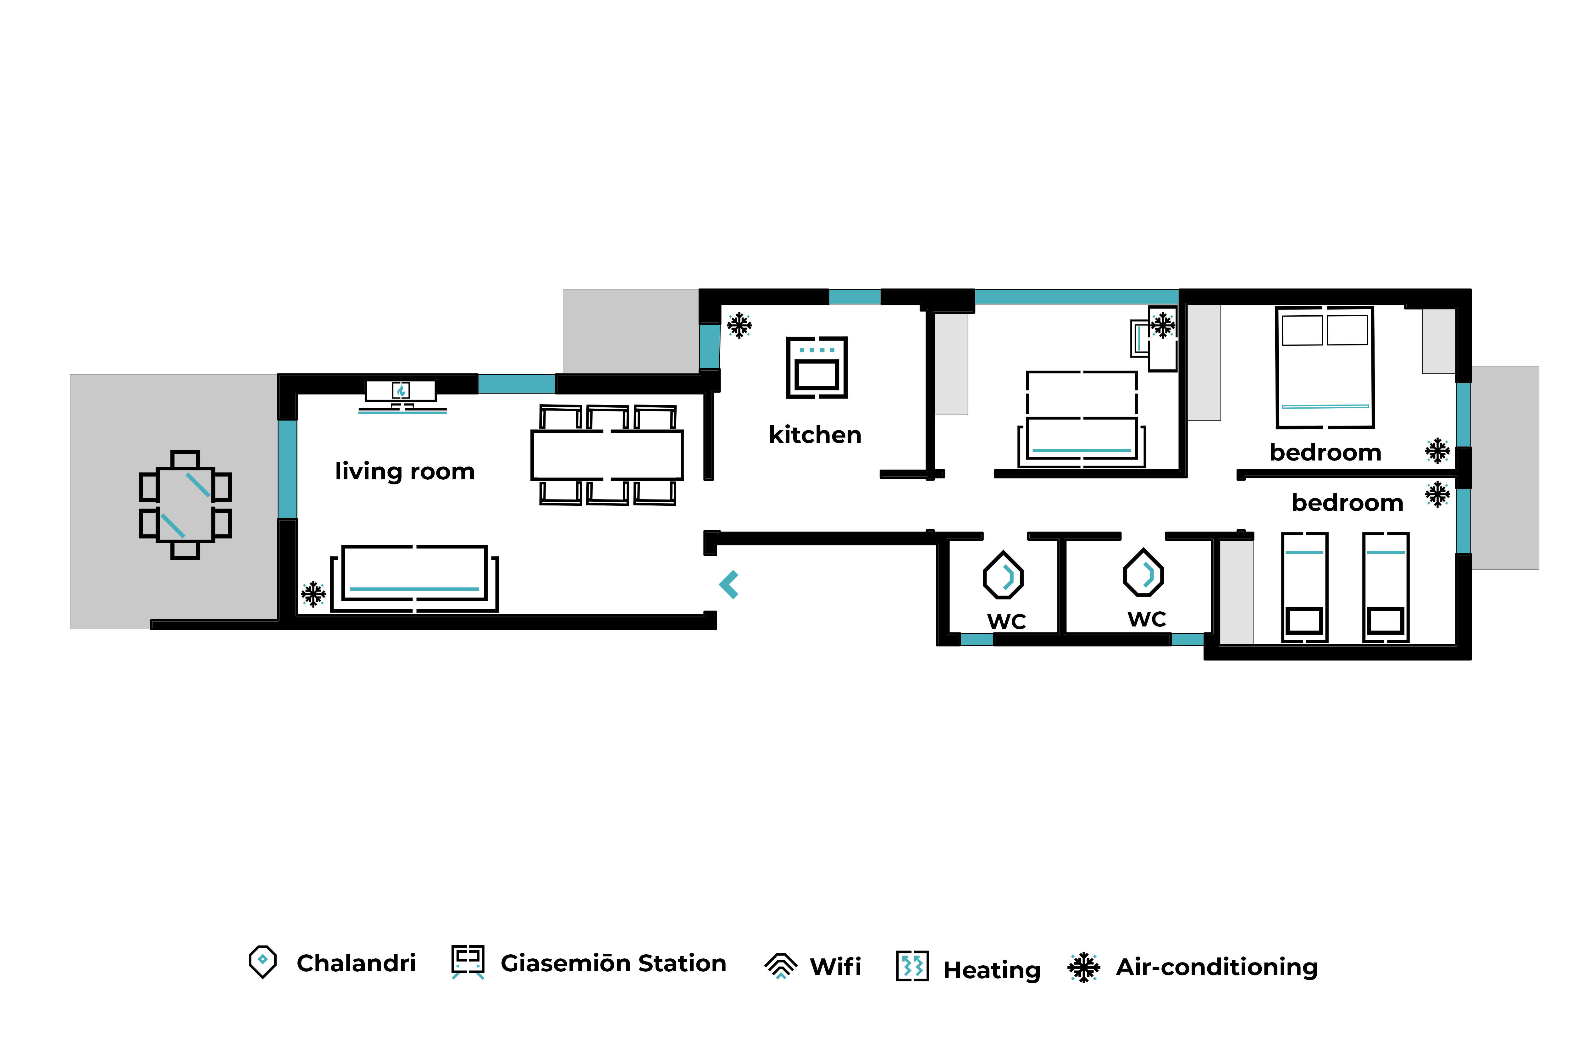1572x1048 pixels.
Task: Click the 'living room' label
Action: coord(405,471)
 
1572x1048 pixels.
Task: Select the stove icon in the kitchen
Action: coord(817,367)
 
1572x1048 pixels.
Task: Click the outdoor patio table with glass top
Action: coord(185,505)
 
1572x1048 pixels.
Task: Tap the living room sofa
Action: coord(414,578)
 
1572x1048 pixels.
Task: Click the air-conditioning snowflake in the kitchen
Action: coord(739,325)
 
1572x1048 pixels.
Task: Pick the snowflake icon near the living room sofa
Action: coord(313,593)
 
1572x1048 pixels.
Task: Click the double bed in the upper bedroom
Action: coord(1325,367)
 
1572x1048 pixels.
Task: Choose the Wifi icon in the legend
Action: coord(781,966)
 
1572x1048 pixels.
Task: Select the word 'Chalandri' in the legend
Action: coord(356,963)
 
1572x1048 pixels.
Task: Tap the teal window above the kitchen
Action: coord(855,297)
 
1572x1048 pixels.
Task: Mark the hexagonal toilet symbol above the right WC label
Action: coord(1143,573)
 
